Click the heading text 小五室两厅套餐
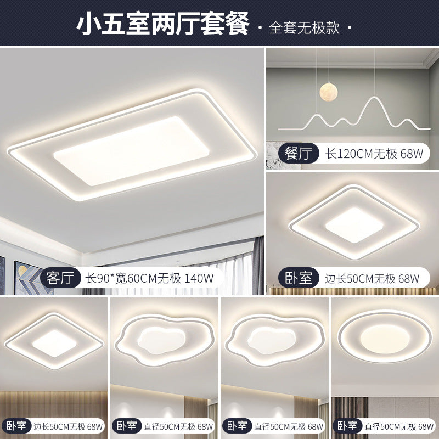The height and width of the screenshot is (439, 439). [x=163, y=25]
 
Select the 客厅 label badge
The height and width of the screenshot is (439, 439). [x=60, y=278]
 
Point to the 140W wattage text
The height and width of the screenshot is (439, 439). [x=199, y=278]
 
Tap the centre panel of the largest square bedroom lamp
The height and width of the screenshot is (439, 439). [x=352, y=225]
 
